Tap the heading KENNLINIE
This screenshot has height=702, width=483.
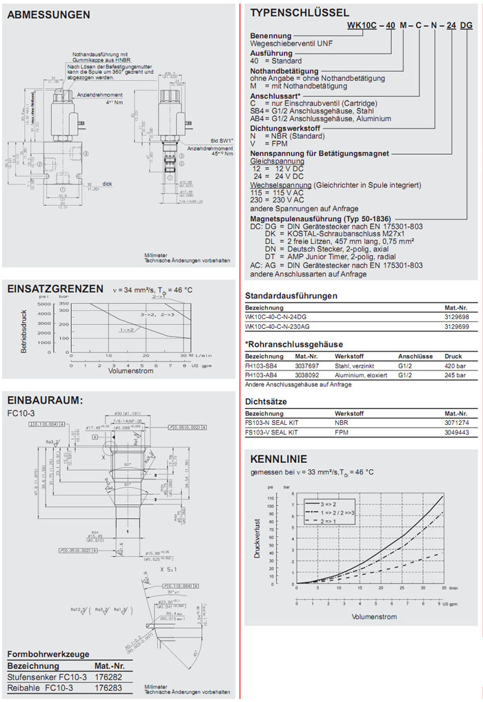click(278, 459)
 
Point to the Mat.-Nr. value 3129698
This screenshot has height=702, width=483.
click(455, 316)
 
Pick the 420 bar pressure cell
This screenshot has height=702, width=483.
click(454, 366)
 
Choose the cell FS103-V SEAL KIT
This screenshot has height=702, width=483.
click(271, 432)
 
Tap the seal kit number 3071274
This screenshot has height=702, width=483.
click(455, 423)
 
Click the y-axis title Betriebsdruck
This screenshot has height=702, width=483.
click(23, 332)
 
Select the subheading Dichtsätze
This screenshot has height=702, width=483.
click(264, 401)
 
